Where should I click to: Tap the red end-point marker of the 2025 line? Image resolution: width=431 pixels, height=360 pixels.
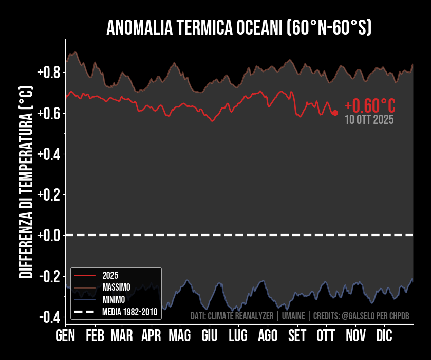(335, 113)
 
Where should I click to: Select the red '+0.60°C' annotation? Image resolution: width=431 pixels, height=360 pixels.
(370, 106)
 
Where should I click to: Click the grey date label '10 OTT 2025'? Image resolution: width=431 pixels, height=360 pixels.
(369, 120)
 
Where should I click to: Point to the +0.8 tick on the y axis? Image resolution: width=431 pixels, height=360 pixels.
(49, 72)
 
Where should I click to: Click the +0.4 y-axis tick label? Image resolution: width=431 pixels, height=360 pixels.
(49, 154)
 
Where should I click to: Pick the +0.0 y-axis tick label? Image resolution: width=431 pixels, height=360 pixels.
(49, 235)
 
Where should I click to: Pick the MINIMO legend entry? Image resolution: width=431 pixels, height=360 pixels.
(113, 299)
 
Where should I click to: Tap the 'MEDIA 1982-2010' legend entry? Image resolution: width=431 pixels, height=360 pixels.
(129, 311)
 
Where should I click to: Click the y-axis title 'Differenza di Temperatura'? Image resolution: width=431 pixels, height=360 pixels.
(26, 183)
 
